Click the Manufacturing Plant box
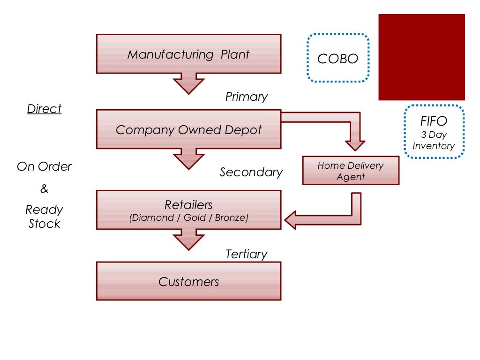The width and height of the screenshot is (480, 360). point(188,54)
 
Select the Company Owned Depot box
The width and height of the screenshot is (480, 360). point(188,129)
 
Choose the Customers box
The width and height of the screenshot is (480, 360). point(188,281)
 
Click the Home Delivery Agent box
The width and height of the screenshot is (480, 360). point(351,171)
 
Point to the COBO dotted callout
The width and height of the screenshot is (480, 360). point(337,58)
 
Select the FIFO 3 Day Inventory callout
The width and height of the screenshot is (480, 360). point(434,131)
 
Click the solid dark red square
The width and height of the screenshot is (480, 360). point(421,57)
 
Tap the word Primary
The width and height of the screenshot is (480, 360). point(247,97)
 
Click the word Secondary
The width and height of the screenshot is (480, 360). point(251,172)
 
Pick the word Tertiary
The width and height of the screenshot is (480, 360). point(246,254)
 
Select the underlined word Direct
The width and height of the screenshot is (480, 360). point(44,109)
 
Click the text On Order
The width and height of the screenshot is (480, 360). point(44,166)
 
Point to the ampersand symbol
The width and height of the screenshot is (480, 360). point(44,189)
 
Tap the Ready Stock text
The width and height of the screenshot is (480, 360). point(44,217)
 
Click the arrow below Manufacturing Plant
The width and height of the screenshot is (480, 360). point(188,83)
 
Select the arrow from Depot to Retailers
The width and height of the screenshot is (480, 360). point(188,158)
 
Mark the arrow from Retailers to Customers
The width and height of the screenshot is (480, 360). point(188,239)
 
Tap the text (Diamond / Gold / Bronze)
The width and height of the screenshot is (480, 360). point(188,217)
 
